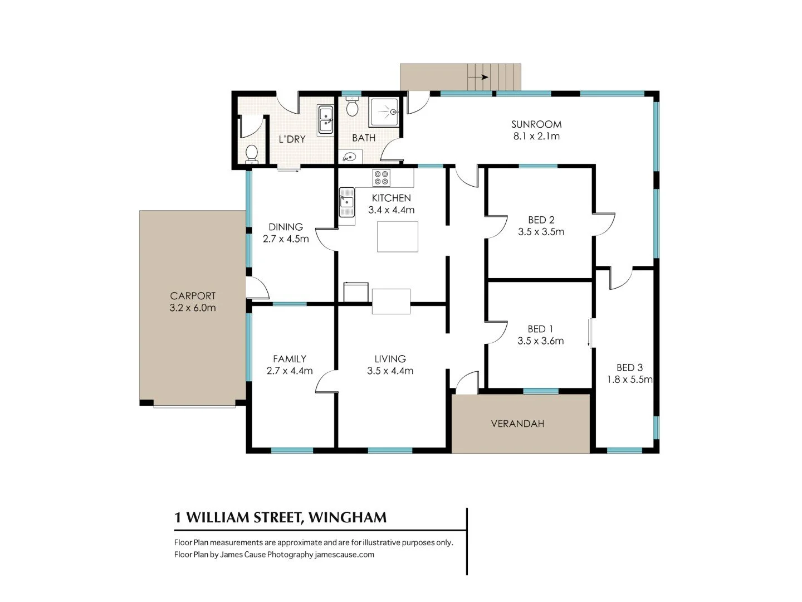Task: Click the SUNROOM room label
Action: tap(536, 124)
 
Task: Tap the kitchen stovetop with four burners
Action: tap(382, 177)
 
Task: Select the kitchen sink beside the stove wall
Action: tap(346, 202)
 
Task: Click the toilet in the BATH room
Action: tap(352, 106)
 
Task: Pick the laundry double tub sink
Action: tap(325, 120)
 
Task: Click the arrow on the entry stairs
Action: tap(478, 77)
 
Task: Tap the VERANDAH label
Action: tap(517, 424)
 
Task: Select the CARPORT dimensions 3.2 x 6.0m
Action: tap(193, 308)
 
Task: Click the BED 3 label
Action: tap(629, 367)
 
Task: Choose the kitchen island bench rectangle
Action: tap(398, 236)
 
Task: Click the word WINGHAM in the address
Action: tap(348, 517)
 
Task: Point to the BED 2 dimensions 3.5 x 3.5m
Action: tap(541, 232)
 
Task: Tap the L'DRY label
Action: tap(292, 139)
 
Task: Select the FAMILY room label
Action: tap(290, 359)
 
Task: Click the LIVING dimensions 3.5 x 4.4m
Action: tap(390, 371)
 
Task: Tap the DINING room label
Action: tap(286, 227)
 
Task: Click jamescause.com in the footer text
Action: tap(344, 555)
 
